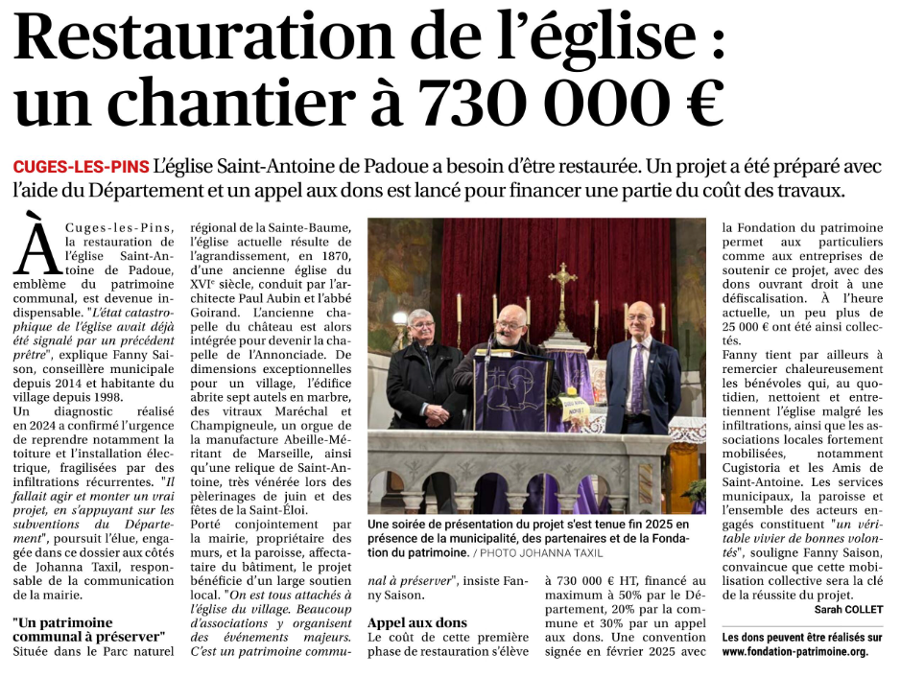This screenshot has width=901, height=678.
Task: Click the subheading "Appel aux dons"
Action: tap(417, 622)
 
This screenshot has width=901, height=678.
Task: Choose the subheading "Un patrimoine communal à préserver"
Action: tap(89, 629)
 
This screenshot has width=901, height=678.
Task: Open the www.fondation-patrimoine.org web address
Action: tap(794, 651)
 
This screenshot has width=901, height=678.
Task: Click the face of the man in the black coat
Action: tap(421, 327)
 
